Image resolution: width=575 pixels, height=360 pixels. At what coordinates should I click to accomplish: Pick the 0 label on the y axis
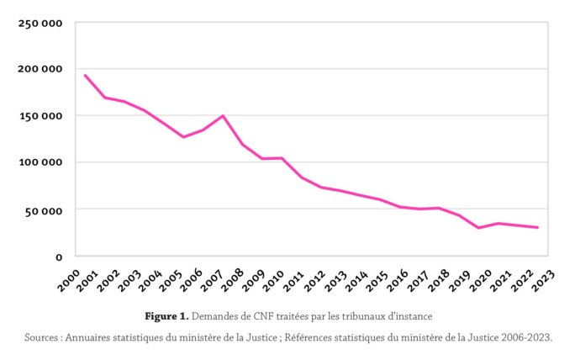click(x=59, y=257)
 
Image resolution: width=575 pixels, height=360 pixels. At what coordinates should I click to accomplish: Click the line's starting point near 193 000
click(x=85, y=76)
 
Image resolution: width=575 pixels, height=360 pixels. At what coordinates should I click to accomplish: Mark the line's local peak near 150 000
click(x=222, y=116)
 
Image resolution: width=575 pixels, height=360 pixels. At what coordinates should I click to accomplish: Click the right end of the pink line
click(x=537, y=227)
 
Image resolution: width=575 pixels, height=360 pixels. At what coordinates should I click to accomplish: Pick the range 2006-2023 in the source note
click(x=520, y=337)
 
